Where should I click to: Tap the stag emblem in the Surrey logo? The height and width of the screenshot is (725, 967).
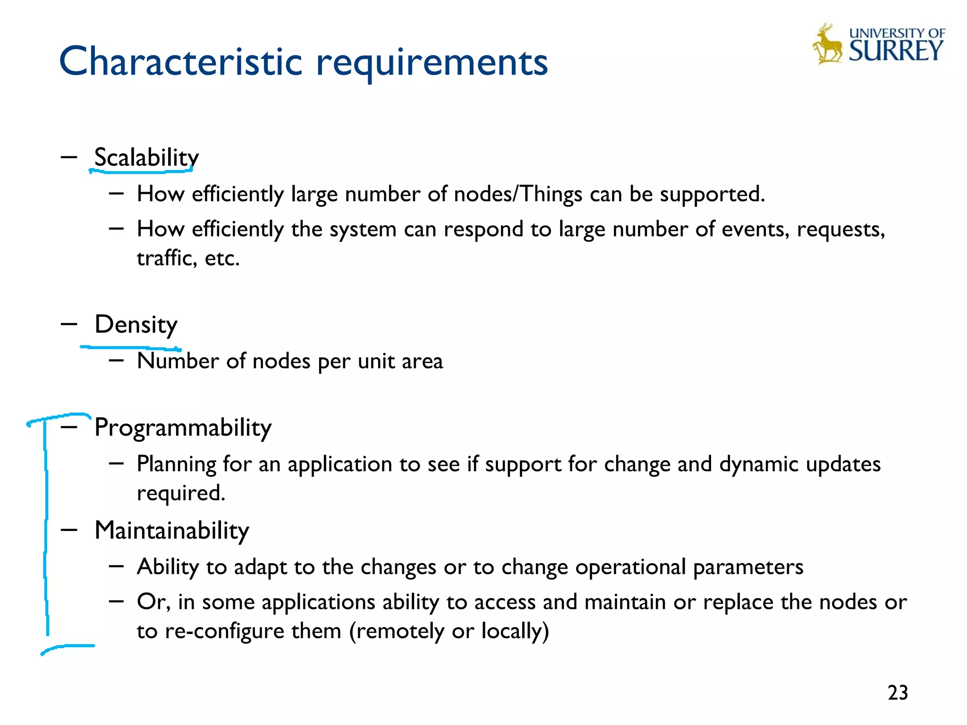coord(827,44)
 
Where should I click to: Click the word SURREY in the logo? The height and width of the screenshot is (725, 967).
coord(896,51)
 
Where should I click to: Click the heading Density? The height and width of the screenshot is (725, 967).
coord(136,324)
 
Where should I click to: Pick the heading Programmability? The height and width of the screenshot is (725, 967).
coord(183,428)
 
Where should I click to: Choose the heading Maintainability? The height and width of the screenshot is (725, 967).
coord(171,531)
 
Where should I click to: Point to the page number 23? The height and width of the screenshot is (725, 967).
coord(898,693)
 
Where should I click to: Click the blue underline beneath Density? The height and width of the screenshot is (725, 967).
coord(130,348)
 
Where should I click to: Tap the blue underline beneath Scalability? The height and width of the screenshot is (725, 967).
coord(141,170)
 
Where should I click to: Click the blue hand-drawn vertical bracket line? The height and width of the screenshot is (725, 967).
coord(46,529)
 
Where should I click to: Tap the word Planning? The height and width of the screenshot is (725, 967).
coord(176,464)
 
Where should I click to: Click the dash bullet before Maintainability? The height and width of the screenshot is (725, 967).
coord(69,530)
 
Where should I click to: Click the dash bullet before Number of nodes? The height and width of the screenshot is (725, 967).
coord(116,361)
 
